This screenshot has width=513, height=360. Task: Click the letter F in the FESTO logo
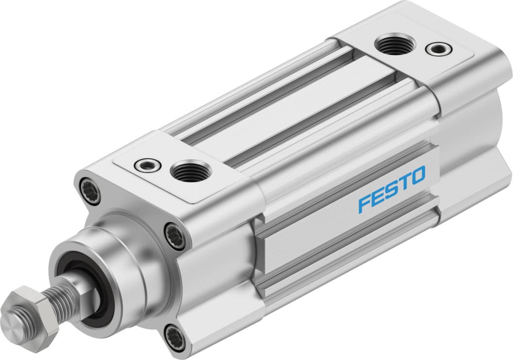[x=364, y=204]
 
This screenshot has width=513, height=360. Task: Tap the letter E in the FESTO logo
[x=377, y=197]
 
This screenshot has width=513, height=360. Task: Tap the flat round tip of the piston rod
[x=11, y=323]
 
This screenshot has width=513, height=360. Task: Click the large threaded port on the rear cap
[x=395, y=44]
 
